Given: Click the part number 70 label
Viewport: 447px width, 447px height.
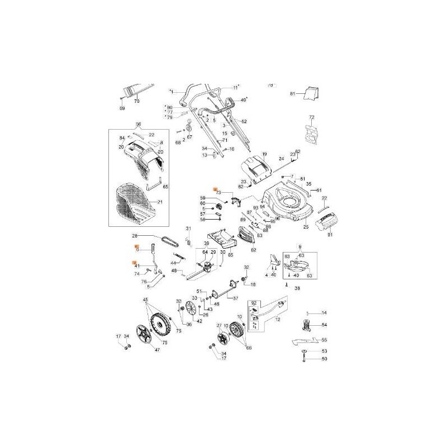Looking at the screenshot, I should click(x=136, y=102).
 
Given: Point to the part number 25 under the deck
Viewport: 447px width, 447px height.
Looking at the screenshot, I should click(x=306, y=227).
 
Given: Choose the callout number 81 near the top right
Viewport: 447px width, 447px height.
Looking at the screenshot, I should click(x=292, y=94).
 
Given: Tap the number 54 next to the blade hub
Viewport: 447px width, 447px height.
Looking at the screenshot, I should click(x=324, y=325).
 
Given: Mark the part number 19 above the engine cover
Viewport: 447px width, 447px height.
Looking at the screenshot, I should click(x=265, y=154).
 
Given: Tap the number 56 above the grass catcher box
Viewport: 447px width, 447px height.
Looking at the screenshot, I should click(x=139, y=124).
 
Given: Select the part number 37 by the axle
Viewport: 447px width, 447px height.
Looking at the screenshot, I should click(x=235, y=298).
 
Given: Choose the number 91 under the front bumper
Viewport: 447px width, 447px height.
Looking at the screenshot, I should click(x=329, y=235).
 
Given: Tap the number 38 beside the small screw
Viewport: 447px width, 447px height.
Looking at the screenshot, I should click(x=297, y=289).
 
